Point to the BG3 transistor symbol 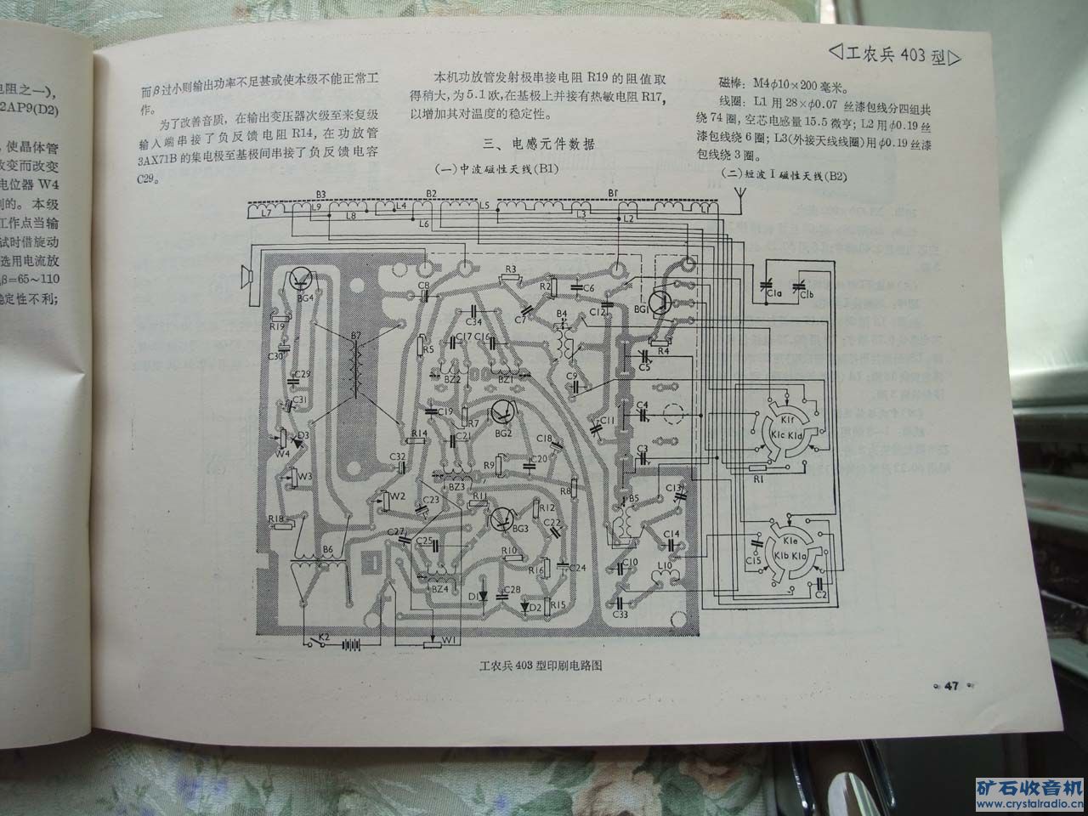501,518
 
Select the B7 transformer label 355,337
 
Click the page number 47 951,685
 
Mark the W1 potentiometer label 450,638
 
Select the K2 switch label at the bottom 323,637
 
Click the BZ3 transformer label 456,487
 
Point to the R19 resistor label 276,326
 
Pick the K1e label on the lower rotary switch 790,541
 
